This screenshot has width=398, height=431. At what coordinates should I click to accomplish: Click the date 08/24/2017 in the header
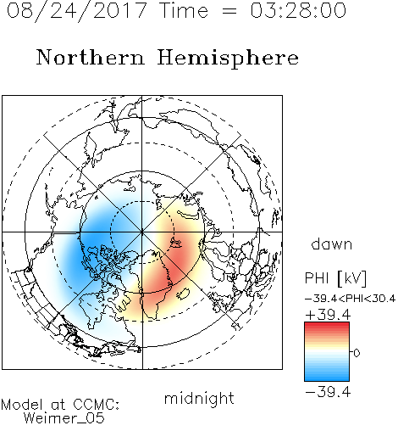click(77, 11)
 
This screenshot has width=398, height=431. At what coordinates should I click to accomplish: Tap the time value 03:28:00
click(298, 11)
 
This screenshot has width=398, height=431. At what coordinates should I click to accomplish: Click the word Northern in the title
click(91, 57)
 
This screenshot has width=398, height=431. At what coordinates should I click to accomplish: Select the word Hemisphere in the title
click(228, 59)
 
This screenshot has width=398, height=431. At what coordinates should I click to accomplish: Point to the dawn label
click(332, 243)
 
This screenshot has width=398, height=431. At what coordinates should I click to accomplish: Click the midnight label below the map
click(199, 398)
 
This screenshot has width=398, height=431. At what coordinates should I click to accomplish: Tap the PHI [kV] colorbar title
click(336, 278)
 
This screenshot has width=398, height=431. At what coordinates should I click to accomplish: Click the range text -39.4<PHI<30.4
click(351, 299)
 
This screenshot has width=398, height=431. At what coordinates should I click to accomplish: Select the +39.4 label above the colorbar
click(328, 315)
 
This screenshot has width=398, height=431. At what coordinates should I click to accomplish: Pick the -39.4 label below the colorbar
click(328, 392)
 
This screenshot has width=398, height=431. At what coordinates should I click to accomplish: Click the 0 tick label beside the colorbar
click(357, 353)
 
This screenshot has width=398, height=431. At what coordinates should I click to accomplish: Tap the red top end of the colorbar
click(327, 324)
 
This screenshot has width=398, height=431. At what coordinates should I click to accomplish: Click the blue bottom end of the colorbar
click(327, 378)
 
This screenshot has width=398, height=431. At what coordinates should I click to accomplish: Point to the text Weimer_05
click(64, 418)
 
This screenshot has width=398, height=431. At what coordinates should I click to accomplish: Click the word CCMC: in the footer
click(96, 405)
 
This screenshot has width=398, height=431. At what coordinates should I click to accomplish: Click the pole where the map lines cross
click(142, 232)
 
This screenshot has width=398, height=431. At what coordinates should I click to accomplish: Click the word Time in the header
click(184, 10)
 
